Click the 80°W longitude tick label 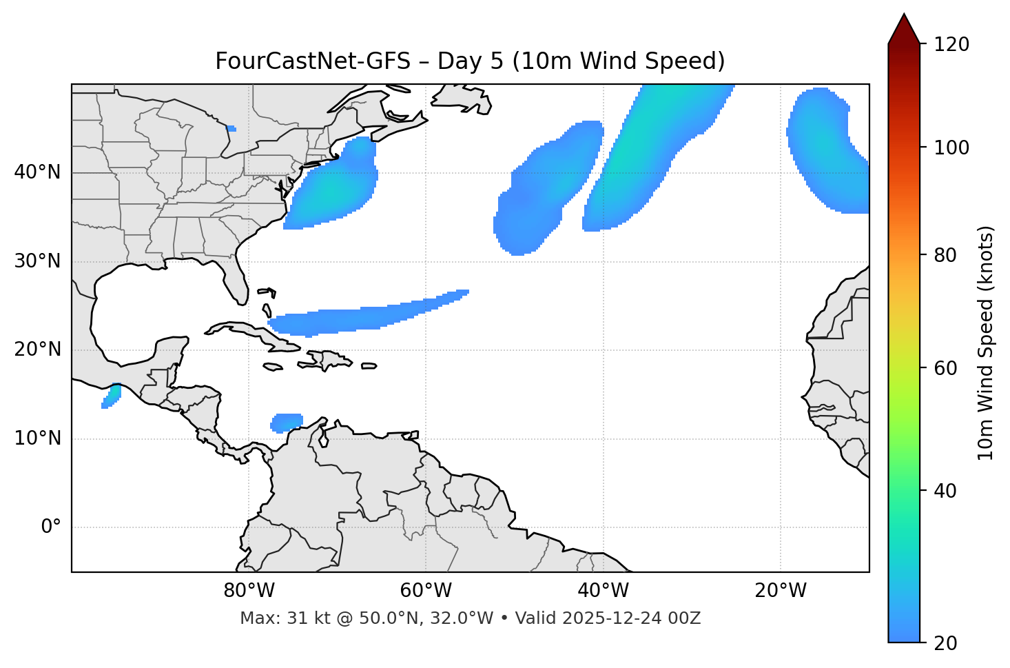(x=249, y=591)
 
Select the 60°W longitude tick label (x=426, y=591)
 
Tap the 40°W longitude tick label (x=603, y=591)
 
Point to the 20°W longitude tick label (x=780, y=591)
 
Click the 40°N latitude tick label (x=37, y=172)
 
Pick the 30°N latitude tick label (x=37, y=261)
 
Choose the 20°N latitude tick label (x=37, y=350)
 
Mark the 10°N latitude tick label (x=37, y=438)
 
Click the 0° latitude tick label (x=51, y=527)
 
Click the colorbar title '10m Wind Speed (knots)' (x=986, y=343)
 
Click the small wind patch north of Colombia (x=287, y=422)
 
